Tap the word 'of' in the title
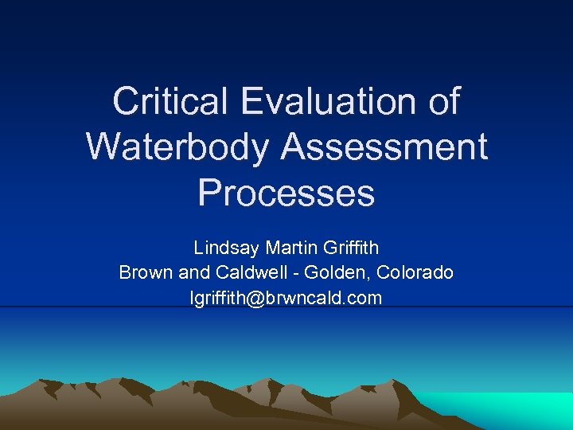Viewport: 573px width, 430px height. [442, 102]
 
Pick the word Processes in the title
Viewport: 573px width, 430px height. [286, 193]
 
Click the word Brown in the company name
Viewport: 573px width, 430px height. [146, 272]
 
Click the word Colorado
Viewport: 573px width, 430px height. [415, 272]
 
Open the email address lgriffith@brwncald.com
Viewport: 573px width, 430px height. [286, 298]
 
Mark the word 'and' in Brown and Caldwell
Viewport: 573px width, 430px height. [194, 272]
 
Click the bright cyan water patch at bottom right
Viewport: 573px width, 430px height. [509, 410]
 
